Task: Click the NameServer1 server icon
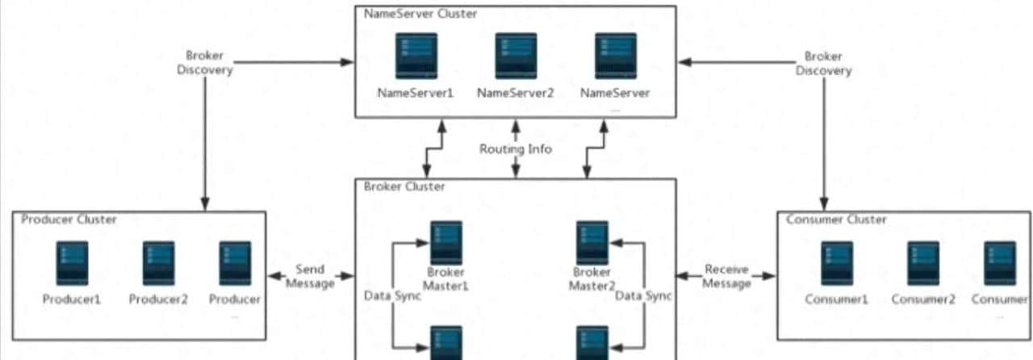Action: coord(416,56)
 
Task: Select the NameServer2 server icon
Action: coord(516,56)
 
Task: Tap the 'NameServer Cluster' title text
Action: coord(409,14)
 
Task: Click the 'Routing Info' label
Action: coord(516,149)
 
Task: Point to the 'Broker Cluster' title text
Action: coord(404,186)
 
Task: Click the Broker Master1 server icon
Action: coord(445,243)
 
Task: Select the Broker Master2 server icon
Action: coord(592,243)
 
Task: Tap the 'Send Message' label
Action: coord(310,276)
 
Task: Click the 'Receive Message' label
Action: coord(726,276)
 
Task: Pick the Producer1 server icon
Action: coord(72,263)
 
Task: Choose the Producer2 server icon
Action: coord(158,263)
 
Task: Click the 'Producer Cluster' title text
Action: coord(69,220)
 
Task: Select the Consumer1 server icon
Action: coord(836,263)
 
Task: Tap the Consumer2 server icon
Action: coord(922,263)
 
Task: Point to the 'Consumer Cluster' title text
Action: coord(835,220)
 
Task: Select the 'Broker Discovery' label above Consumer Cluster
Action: coord(824,63)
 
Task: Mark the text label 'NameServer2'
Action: coord(516,93)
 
